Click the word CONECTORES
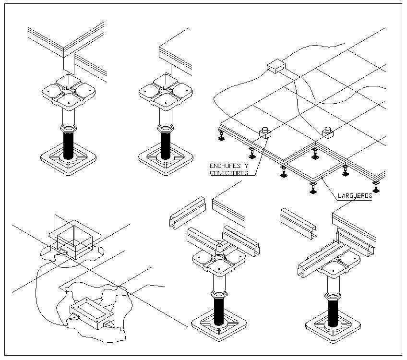pyautogui.click(x=228, y=173)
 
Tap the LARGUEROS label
pyautogui.click(x=355, y=195)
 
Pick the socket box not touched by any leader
pyautogui.click(x=328, y=132)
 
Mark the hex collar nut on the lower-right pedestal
pyautogui.click(x=332, y=293)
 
